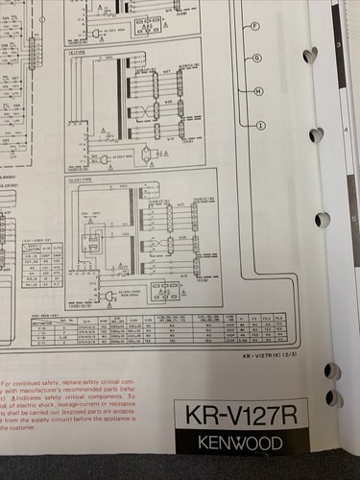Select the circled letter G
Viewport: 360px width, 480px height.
[257, 58]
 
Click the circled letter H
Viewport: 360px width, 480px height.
[259, 91]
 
